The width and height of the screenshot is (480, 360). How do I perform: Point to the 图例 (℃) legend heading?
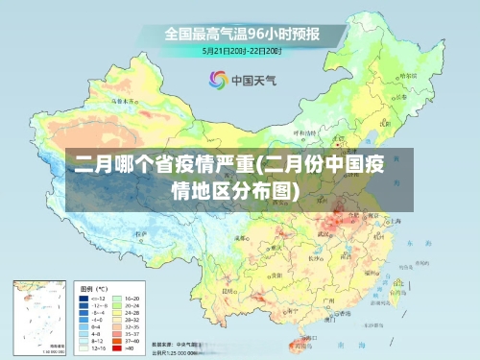coord(93,288)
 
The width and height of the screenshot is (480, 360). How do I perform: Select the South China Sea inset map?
coord(36,317)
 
